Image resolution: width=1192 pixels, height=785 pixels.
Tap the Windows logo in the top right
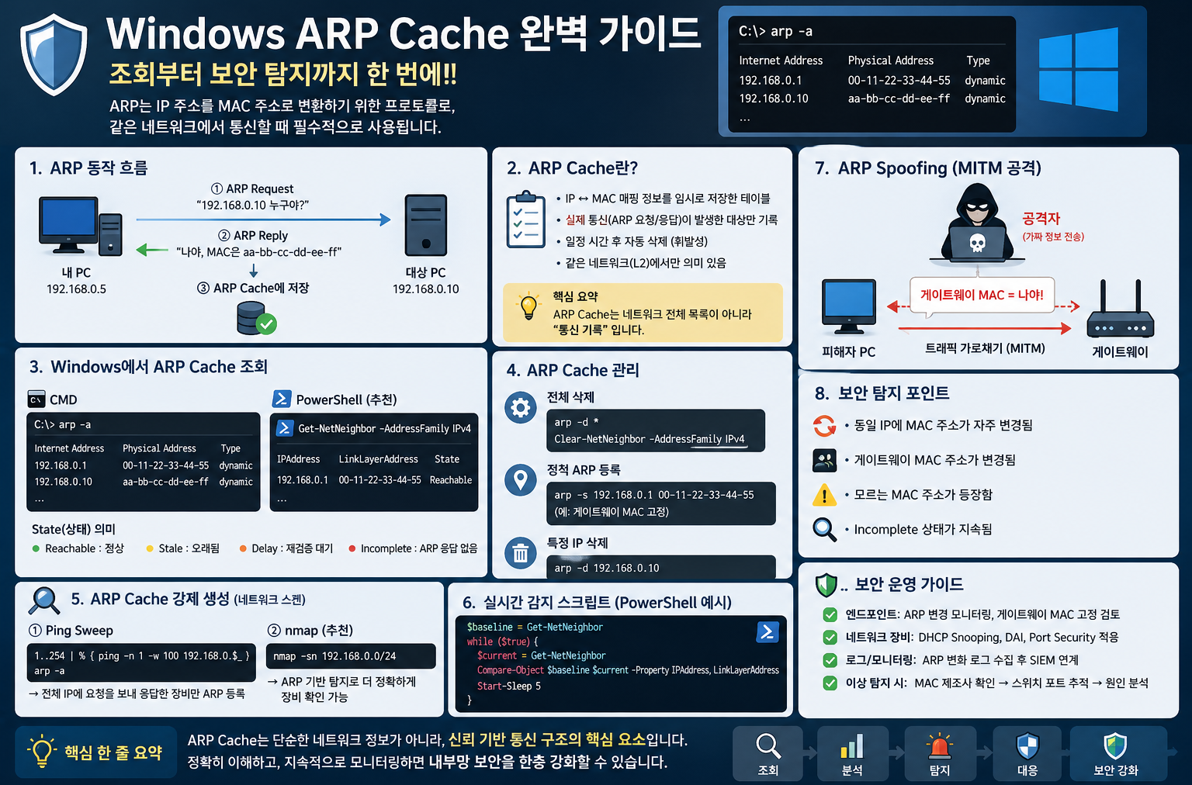[1078, 69]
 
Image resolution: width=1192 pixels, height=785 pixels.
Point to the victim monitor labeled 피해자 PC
[849, 306]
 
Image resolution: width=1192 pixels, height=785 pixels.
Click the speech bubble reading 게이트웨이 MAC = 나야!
[982, 295]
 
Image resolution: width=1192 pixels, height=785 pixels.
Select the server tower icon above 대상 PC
[426, 225]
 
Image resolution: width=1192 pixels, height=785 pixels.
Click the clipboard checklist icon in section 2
[525, 220]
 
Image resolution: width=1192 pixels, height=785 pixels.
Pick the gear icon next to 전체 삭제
[521, 408]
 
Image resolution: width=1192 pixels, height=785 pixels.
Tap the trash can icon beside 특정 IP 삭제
[521, 553]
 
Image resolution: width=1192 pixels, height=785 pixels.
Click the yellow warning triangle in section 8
[824, 495]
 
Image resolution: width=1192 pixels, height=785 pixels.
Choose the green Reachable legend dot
[36, 548]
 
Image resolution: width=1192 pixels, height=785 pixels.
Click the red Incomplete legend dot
[352, 548]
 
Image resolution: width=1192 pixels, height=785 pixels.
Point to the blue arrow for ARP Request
[264, 220]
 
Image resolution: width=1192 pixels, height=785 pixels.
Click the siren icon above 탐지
[939, 746]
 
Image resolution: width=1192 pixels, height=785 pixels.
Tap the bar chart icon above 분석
[852, 746]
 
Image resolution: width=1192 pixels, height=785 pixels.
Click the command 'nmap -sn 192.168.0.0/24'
[334, 656]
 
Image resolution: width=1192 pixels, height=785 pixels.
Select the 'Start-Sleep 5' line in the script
[509, 686]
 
